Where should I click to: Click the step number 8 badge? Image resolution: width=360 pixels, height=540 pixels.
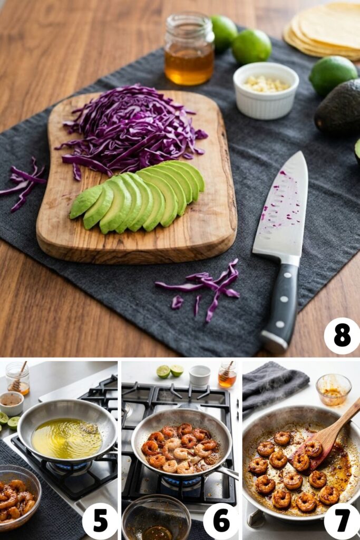point(342,335)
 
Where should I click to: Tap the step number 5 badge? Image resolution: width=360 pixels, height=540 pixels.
point(100,520)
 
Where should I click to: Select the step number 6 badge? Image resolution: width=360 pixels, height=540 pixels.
point(221,520)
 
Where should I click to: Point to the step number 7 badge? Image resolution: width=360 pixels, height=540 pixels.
point(342,520)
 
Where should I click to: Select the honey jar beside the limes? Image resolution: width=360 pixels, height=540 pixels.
point(189,51)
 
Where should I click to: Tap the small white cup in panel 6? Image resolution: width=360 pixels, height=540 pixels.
point(200,375)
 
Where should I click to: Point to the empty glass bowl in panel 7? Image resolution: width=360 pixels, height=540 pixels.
point(333,389)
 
